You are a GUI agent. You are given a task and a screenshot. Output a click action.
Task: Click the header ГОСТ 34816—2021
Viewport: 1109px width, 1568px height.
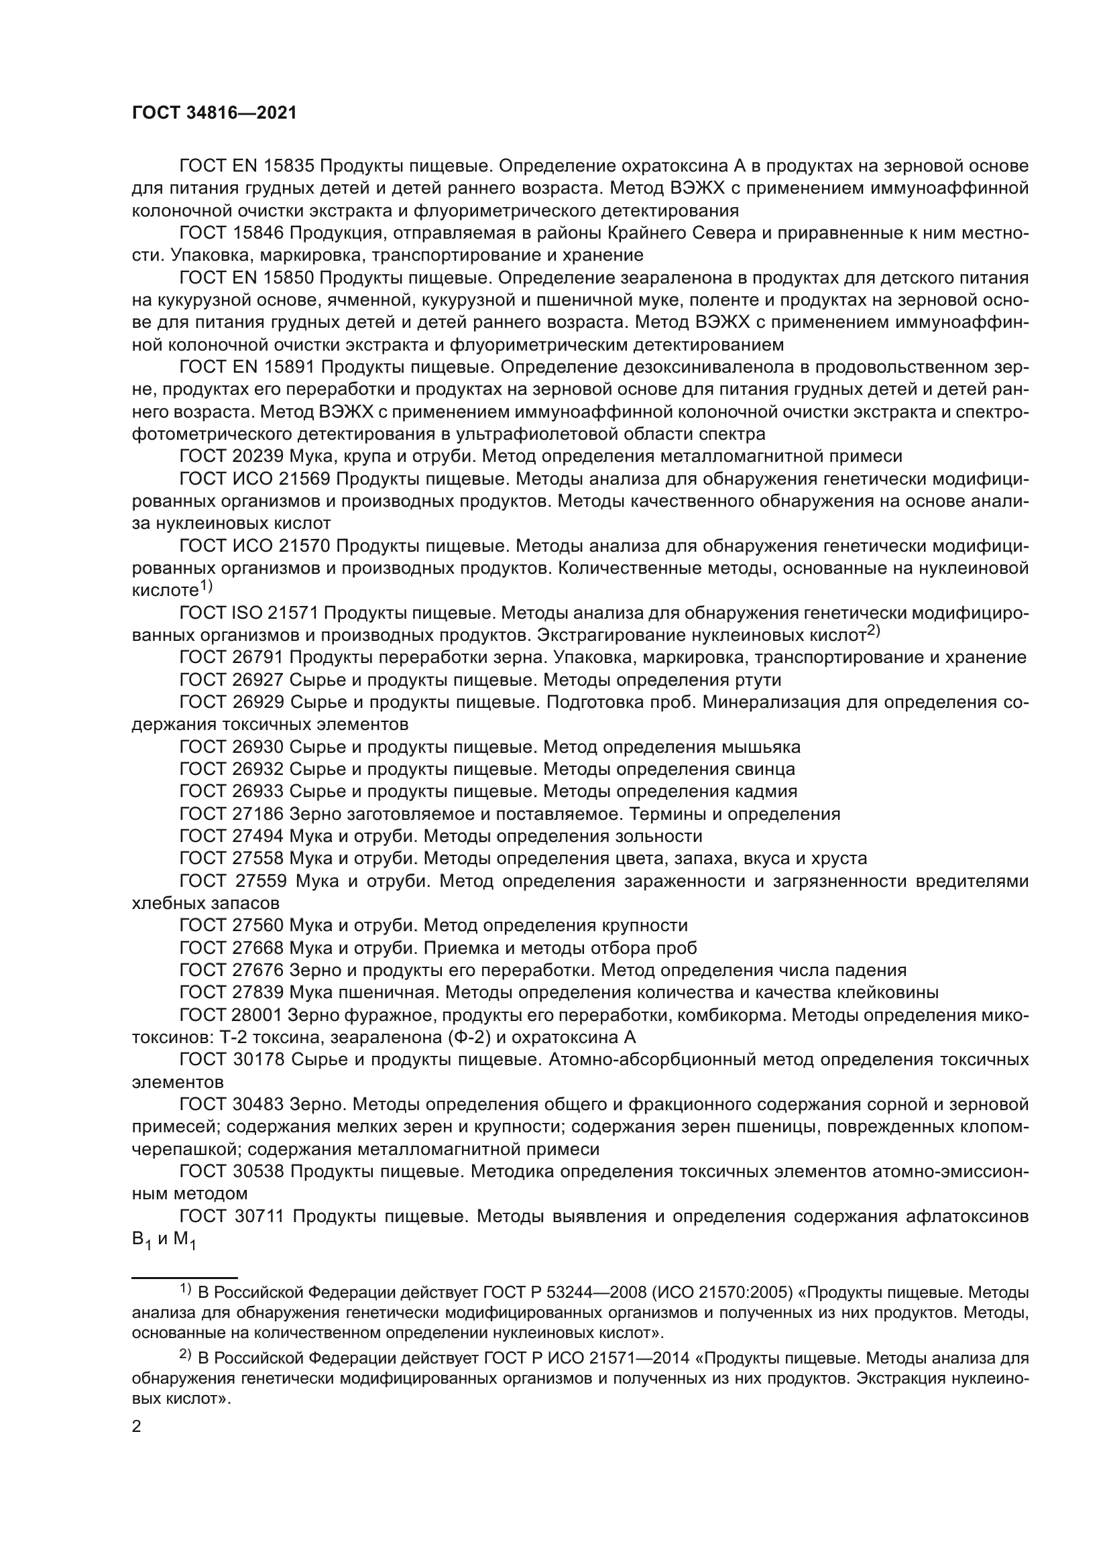[x=215, y=113]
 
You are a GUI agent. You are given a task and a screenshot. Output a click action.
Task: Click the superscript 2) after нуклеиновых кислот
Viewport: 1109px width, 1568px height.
[x=874, y=631]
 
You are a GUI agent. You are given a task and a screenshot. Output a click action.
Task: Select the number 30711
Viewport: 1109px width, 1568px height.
[x=264, y=1216]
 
